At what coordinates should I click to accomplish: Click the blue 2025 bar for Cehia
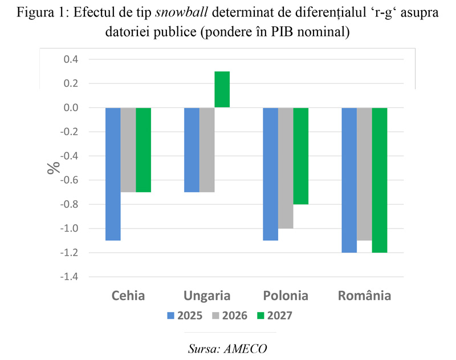point(113,174)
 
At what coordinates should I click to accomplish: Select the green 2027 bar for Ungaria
point(222,90)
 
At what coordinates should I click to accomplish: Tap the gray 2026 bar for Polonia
point(286,168)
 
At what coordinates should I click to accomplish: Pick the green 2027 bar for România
point(379,180)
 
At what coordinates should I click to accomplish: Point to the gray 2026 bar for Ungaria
point(207,149)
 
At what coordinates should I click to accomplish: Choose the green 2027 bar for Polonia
point(300,156)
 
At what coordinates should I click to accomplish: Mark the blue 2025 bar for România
point(349,180)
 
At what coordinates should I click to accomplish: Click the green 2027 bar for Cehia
point(143,149)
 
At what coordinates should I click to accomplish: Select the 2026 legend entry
point(230,315)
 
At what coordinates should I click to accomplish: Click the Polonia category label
point(286,296)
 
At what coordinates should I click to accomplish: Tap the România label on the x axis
point(364,296)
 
